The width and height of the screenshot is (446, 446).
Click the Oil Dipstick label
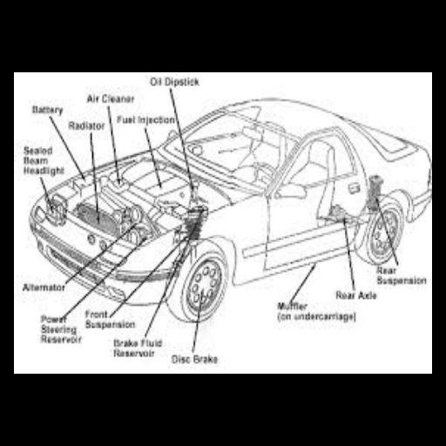click(x=176, y=82)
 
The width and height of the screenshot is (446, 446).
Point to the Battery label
click(x=47, y=111)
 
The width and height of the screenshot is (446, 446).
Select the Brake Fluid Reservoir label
click(x=139, y=348)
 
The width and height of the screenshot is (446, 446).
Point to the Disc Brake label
click(x=196, y=359)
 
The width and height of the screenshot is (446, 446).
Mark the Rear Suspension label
click(x=401, y=276)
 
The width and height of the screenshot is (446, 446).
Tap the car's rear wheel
click(x=383, y=233)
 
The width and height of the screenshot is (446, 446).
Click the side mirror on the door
click(x=291, y=190)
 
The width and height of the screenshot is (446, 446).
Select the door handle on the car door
click(x=353, y=187)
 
